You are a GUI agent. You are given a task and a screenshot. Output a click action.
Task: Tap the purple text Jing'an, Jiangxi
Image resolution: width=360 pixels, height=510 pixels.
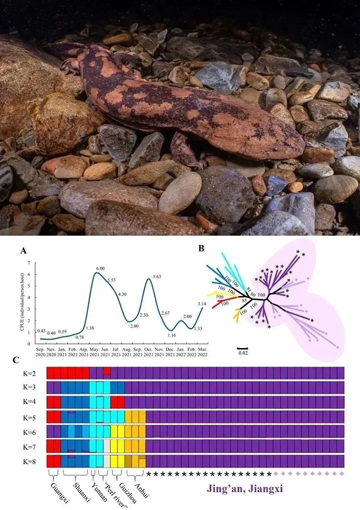(x=245, y=489)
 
